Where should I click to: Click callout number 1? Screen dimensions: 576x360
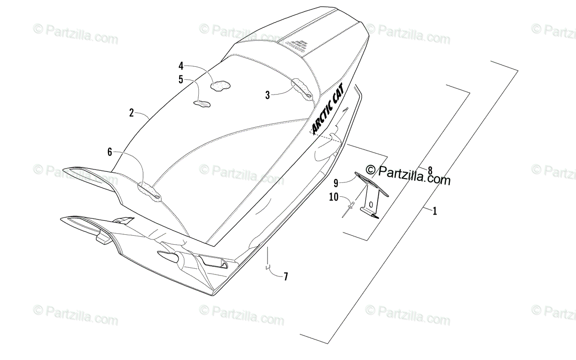(435, 211)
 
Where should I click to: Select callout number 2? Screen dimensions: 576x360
(132, 113)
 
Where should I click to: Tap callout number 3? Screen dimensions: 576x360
(267, 95)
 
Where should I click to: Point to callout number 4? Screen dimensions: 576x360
(181, 66)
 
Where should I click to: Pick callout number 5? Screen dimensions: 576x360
(181, 80)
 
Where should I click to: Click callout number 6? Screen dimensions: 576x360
(109, 152)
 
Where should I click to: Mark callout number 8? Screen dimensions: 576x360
(430, 170)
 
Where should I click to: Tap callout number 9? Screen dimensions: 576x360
(336, 182)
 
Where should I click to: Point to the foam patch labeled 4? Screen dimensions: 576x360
(220, 86)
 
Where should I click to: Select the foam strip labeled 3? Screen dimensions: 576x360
(301, 89)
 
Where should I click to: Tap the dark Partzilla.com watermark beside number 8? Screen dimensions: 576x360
(408, 175)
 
